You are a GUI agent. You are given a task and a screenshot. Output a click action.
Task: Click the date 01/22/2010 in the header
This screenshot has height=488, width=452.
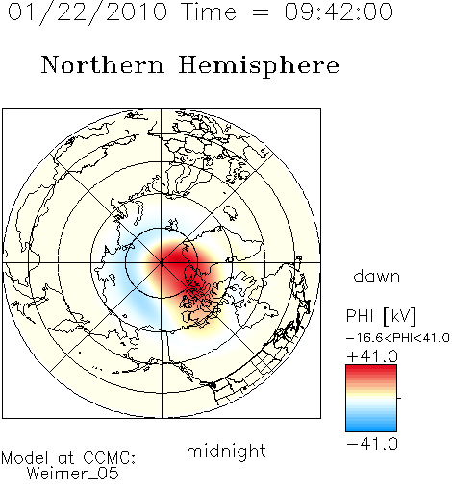[x=88, y=12]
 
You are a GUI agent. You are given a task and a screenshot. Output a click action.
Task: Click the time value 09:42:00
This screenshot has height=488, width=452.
[x=339, y=12]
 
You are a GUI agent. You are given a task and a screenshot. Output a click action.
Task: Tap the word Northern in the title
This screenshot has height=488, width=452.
[x=103, y=64]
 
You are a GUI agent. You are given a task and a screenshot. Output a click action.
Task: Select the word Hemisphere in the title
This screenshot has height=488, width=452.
[x=259, y=66]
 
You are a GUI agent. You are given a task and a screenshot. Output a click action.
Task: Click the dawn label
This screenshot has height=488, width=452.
[x=377, y=277]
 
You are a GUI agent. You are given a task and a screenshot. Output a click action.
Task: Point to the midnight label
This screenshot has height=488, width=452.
[x=226, y=451]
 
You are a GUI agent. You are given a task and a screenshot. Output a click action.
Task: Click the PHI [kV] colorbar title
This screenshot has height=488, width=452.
[x=381, y=316]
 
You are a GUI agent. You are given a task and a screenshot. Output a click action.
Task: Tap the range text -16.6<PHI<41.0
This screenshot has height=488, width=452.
[x=398, y=338]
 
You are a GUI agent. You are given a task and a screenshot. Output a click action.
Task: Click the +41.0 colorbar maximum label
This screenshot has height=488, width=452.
[x=372, y=356]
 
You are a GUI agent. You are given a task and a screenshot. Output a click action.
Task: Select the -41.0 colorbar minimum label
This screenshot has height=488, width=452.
[x=372, y=444]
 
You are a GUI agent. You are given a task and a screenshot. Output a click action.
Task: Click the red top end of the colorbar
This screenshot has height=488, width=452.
[x=371, y=368]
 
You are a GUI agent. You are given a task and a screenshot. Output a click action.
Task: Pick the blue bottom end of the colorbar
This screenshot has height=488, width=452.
[x=371, y=428]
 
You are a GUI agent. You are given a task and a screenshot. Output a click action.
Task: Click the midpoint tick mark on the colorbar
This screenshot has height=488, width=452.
[x=399, y=398]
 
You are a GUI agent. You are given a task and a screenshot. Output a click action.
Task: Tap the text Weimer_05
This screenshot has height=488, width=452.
[x=73, y=473]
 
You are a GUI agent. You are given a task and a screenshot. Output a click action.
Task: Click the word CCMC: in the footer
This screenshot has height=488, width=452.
[x=109, y=458]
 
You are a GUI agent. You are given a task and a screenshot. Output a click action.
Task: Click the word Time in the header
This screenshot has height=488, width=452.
[x=209, y=12]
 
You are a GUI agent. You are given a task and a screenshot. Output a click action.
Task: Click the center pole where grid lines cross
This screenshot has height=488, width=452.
[x=162, y=262]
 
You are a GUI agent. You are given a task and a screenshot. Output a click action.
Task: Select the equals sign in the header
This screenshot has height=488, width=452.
[x=261, y=13]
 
